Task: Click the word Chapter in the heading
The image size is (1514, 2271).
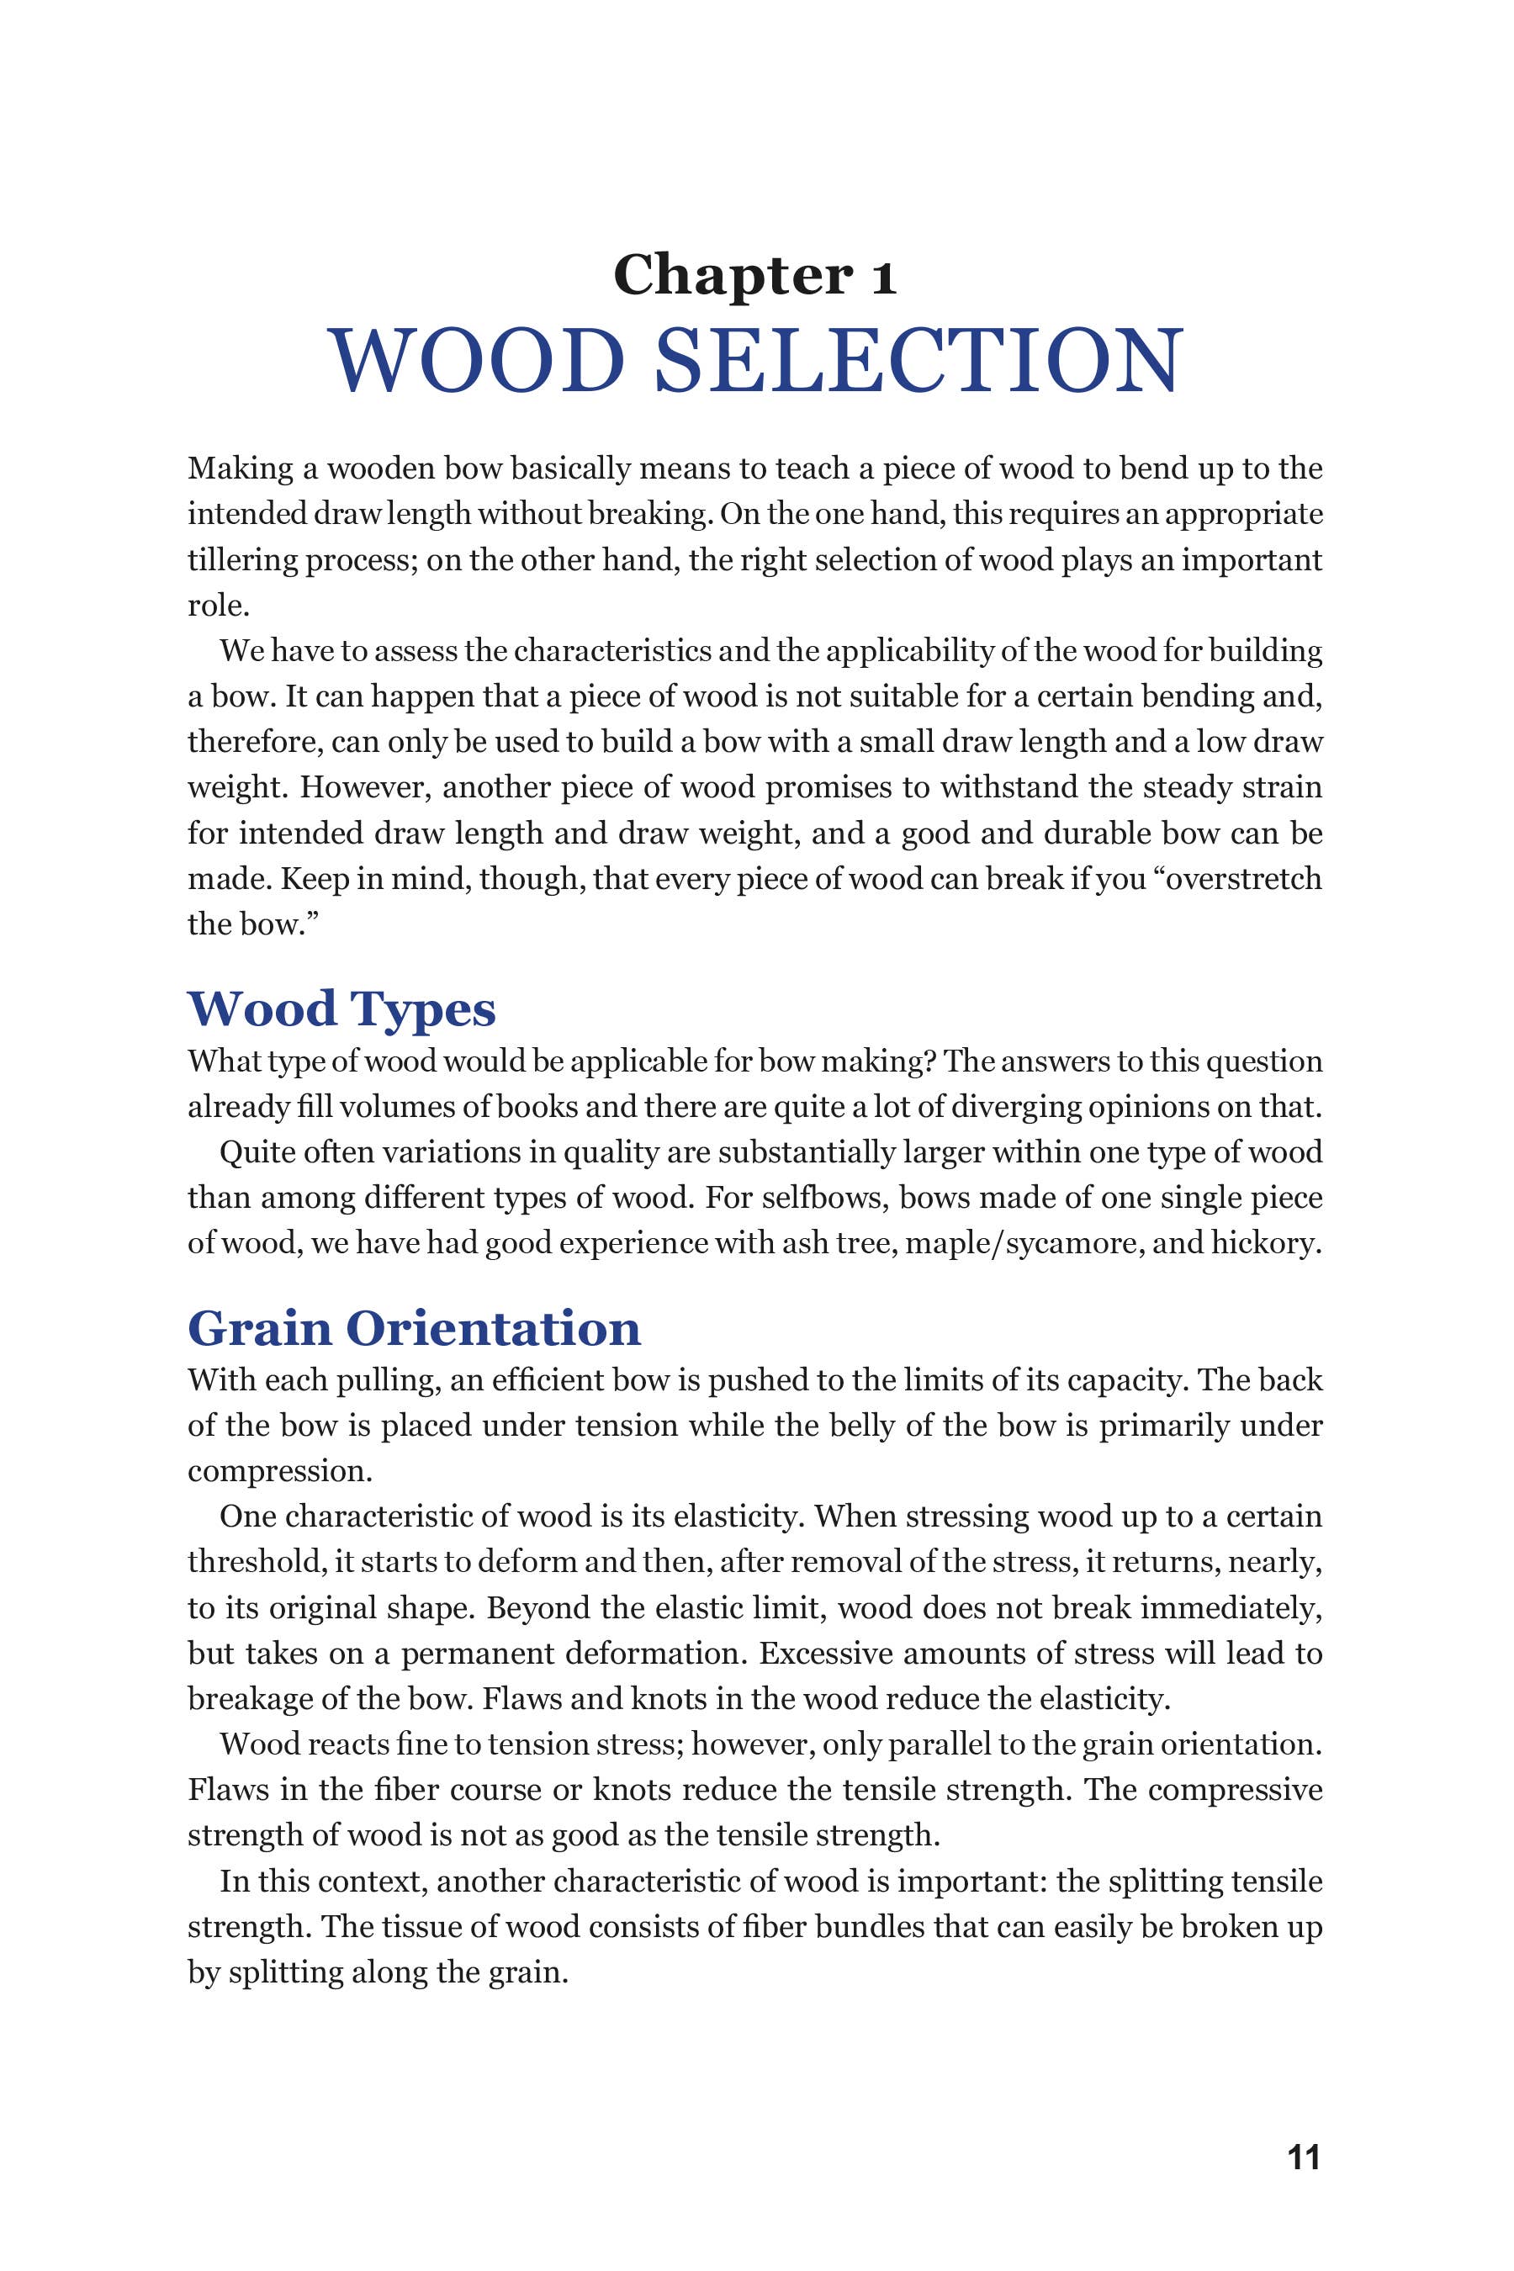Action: [x=733, y=276]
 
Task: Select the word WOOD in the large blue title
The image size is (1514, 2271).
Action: [x=477, y=360]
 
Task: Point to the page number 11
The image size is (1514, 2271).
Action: [x=1304, y=2185]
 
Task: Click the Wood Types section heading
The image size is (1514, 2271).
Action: [x=341, y=1009]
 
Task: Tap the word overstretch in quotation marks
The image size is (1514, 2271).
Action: [x=1245, y=879]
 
